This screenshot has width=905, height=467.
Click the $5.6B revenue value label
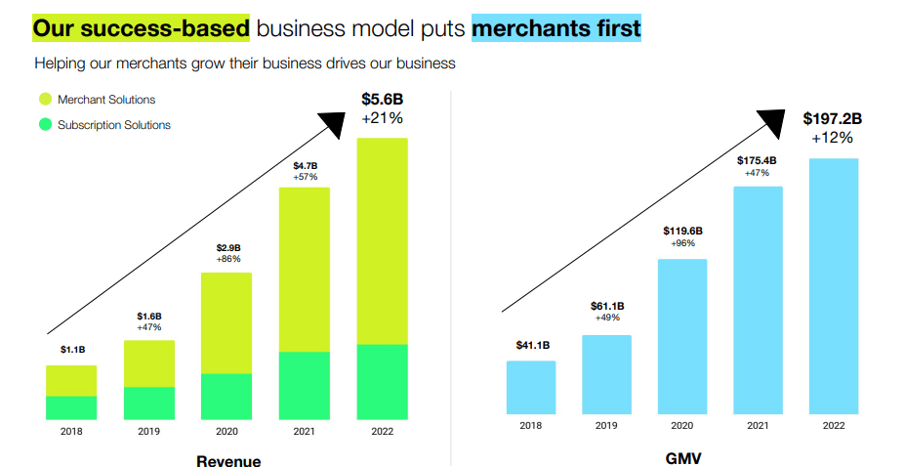(x=382, y=99)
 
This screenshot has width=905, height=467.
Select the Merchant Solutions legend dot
(x=45, y=100)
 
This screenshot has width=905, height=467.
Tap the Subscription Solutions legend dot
(x=45, y=125)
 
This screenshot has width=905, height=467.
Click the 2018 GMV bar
(x=531, y=388)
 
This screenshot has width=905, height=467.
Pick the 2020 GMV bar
(x=682, y=337)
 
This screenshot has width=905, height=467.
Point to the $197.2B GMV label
(x=833, y=119)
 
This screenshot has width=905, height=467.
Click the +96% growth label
(x=682, y=243)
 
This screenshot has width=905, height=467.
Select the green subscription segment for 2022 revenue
(x=382, y=382)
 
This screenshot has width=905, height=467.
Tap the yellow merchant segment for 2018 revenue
(x=71, y=381)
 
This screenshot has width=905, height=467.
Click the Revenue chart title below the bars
(x=228, y=460)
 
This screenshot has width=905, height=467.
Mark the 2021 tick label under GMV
(x=758, y=426)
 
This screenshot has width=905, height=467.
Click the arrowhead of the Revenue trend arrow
(x=335, y=122)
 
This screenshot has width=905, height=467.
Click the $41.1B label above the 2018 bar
(x=532, y=345)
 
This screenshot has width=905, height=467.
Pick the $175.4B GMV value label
(x=758, y=160)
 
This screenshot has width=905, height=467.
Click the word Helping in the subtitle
(x=61, y=64)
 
